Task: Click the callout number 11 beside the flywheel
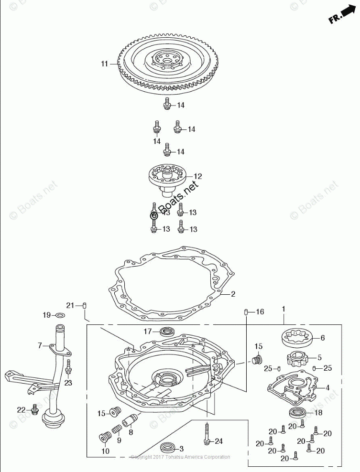coord(104,64)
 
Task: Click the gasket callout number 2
coord(233,294)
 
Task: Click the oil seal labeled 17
coord(167,331)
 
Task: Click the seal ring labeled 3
coord(166,448)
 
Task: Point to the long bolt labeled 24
coord(206,432)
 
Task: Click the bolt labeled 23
coord(68,369)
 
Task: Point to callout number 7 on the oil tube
coord(41,344)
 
